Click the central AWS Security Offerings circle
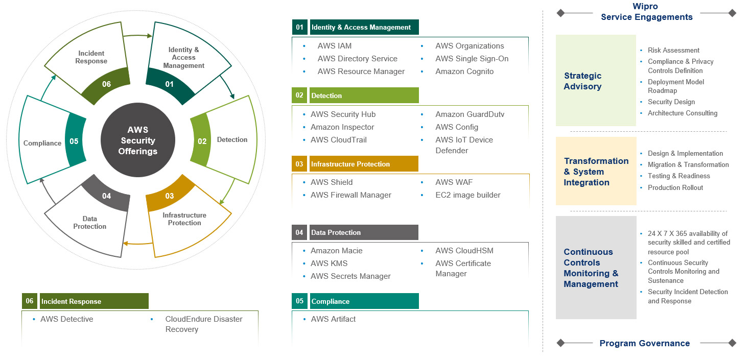138,140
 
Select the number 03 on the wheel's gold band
170,196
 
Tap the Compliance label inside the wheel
42,143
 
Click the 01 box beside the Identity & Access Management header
299,27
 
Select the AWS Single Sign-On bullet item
472,59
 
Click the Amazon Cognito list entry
464,71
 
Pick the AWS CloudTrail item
338,140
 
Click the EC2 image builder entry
467,195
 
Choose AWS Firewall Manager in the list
350,195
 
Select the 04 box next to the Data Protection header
299,232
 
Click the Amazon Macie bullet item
336,251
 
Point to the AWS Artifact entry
333,319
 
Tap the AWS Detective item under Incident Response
66,319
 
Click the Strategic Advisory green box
596,81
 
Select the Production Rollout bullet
675,187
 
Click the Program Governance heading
645,343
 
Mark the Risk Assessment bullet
673,50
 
